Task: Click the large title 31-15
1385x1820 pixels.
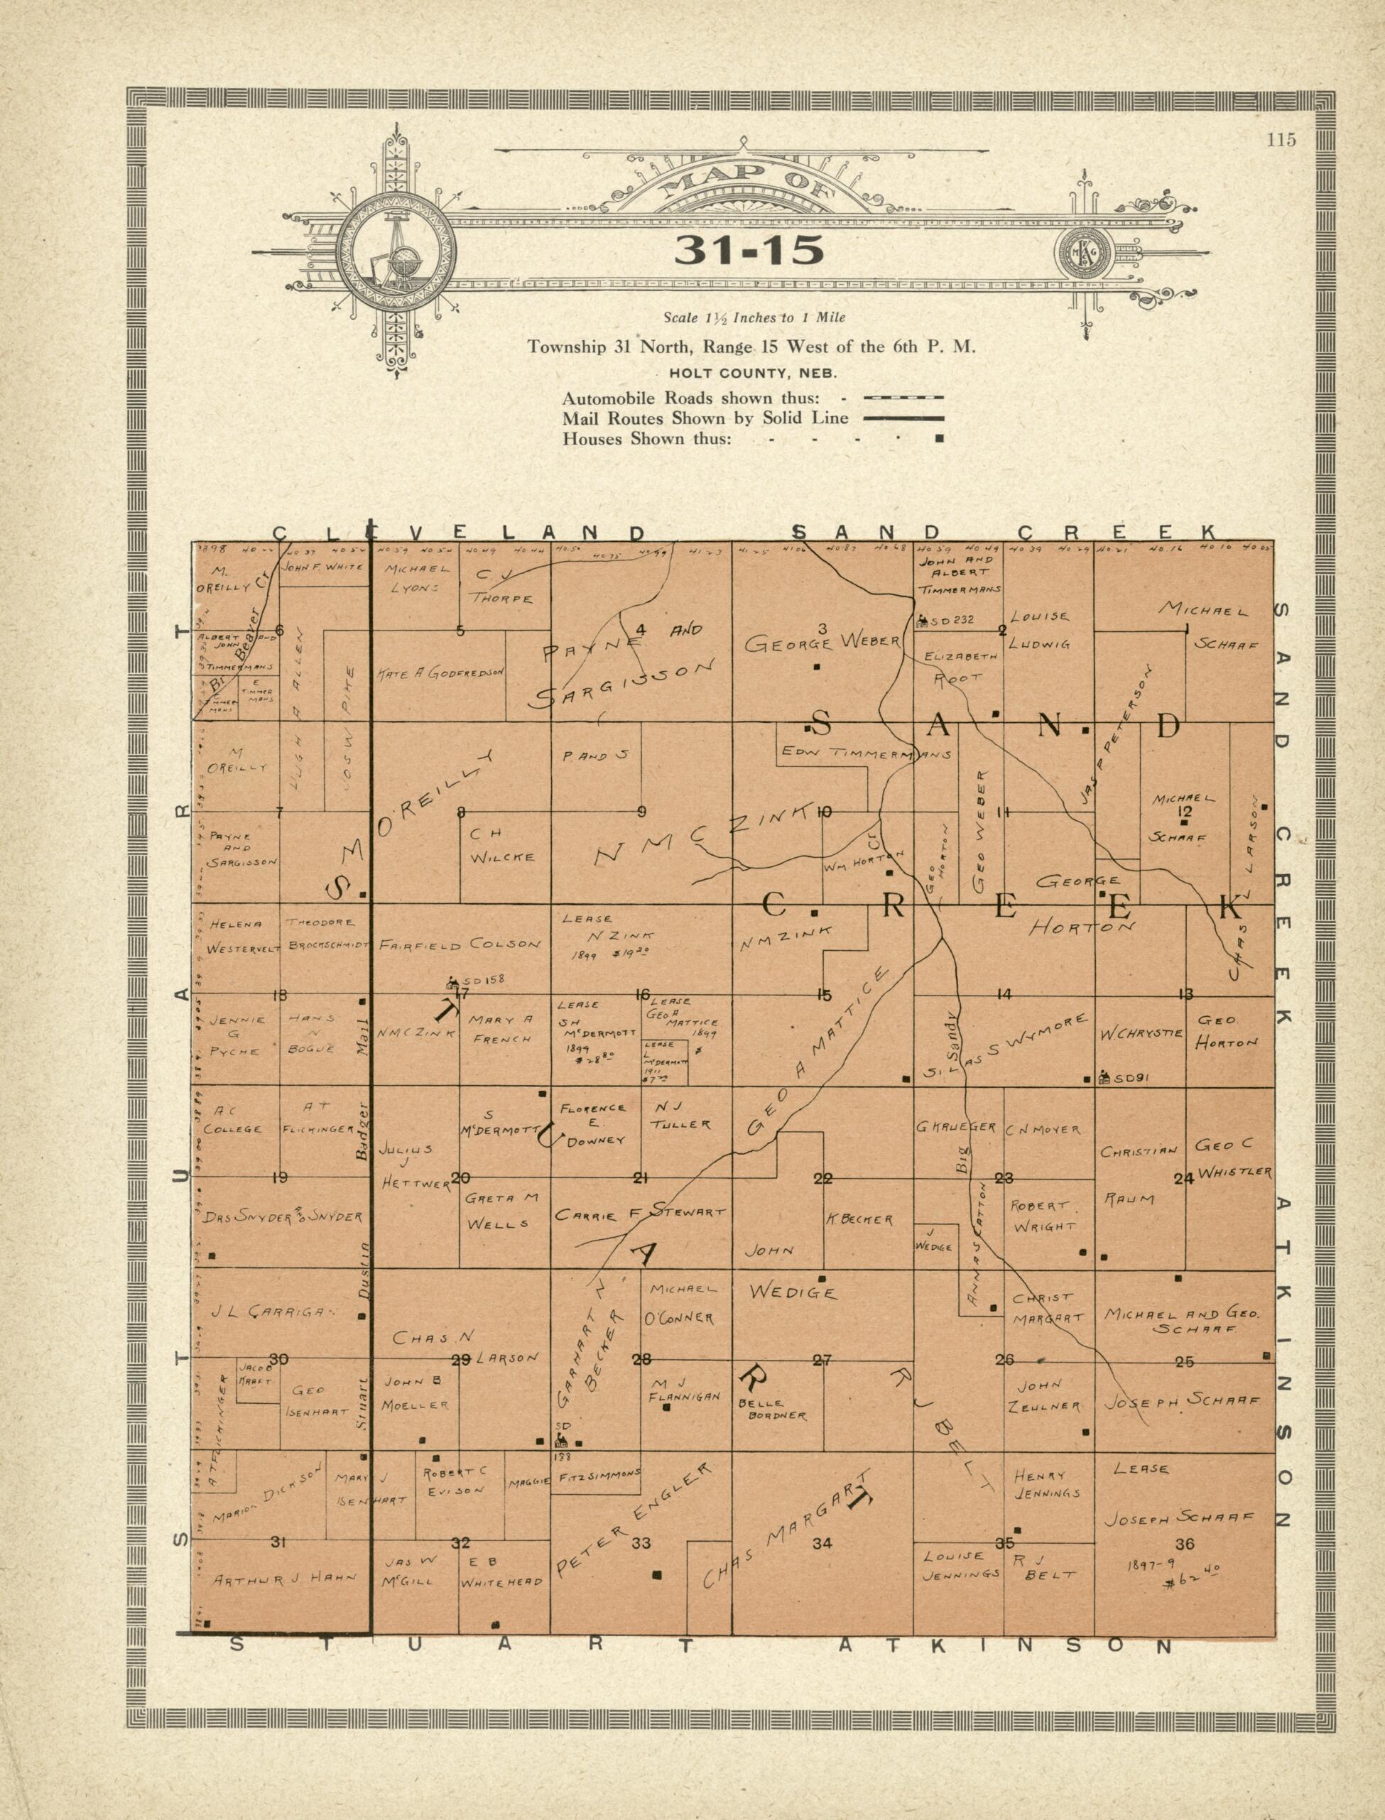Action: [x=749, y=251]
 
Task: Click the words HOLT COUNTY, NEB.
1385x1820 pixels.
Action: [x=753, y=374]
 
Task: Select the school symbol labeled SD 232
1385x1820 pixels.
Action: [x=923, y=619]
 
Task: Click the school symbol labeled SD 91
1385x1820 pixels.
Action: [x=1104, y=1077]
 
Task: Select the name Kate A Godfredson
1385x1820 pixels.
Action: [x=440, y=673]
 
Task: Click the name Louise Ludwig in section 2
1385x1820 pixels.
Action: [x=1041, y=630]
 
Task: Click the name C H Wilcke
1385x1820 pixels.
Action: [x=502, y=846]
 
